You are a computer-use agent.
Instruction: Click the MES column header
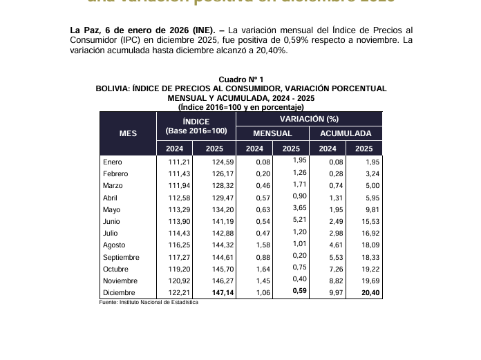coord(128,133)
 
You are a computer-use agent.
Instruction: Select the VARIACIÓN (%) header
coord(309,120)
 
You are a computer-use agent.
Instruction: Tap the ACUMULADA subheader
coord(346,133)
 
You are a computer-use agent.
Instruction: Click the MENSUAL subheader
coord(272,133)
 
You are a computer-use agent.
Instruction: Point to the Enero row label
coord(112,162)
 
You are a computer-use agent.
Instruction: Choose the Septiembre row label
coord(121,257)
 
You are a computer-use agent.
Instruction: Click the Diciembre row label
coord(120,293)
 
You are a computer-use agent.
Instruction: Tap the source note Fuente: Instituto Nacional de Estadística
coord(149,303)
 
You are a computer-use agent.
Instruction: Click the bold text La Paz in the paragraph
coord(84,30)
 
